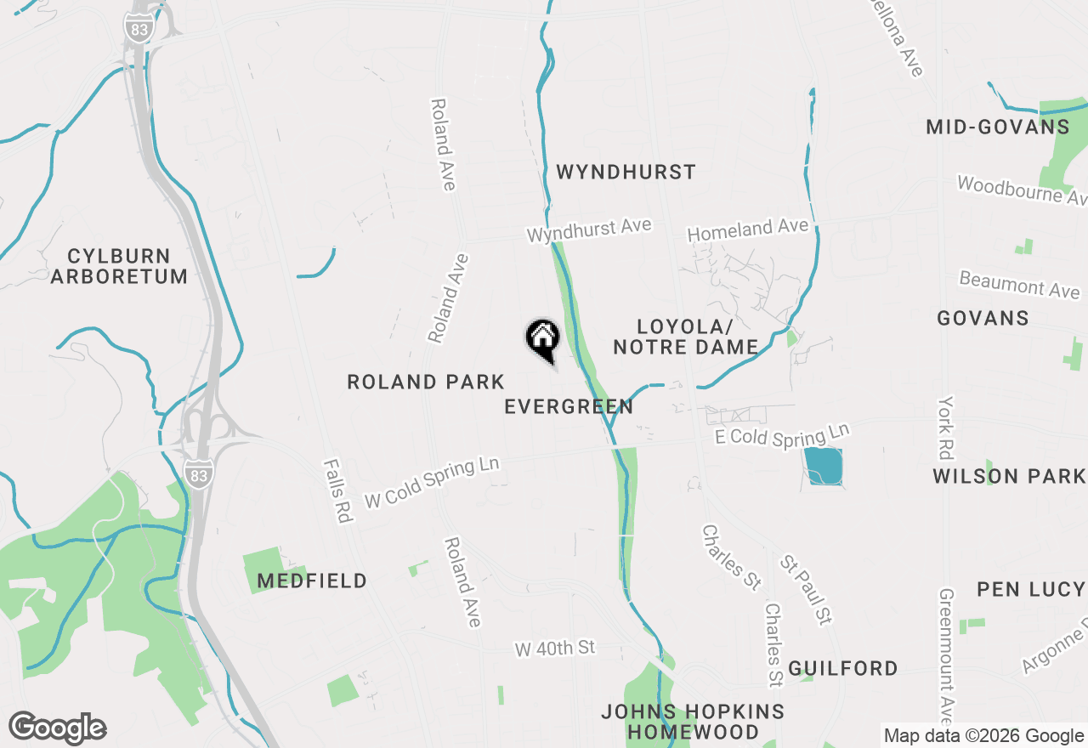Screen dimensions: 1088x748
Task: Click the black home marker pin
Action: pyautogui.click(x=542, y=339)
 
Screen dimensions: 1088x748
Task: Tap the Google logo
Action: pyautogui.click(x=57, y=728)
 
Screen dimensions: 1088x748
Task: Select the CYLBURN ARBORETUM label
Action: pyautogui.click(x=119, y=266)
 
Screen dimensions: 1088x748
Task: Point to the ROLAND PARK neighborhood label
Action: pyautogui.click(x=426, y=382)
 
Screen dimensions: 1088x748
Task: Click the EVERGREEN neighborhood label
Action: pyautogui.click(x=569, y=407)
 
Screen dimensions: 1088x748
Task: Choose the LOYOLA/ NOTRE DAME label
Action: pyautogui.click(x=685, y=337)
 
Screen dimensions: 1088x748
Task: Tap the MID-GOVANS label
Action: pyautogui.click(x=997, y=127)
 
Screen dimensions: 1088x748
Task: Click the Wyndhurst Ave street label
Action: pyautogui.click(x=589, y=230)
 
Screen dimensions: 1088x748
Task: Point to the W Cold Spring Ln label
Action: pyautogui.click(x=431, y=483)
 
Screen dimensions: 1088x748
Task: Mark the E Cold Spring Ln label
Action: pyautogui.click(x=781, y=437)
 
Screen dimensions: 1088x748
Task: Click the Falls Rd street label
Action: pyautogui.click(x=337, y=490)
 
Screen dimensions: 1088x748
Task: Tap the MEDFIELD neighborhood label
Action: pyautogui.click(x=312, y=581)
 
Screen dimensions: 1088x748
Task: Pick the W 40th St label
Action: pyautogui.click(x=554, y=649)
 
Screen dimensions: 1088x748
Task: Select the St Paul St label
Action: pyautogui.click(x=806, y=591)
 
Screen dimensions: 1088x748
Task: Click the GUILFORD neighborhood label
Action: pyautogui.click(x=842, y=669)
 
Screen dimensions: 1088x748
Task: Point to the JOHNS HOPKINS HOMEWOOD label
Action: pyautogui.click(x=693, y=722)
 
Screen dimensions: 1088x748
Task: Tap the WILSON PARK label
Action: pyautogui.click(x=1008, y=476)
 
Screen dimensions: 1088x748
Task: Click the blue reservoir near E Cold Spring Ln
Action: pyautogui.click(x=823, y=466)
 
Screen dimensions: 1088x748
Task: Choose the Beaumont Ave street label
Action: pyautogui.click(x=1019, y=285)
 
